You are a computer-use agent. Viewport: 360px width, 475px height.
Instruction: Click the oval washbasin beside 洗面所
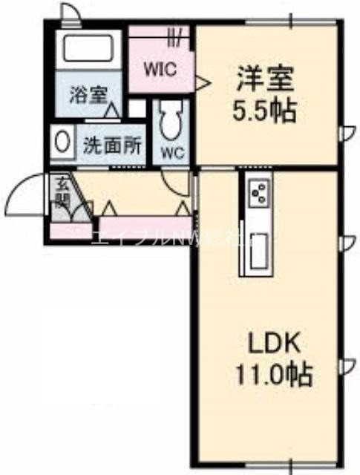coord(64,141)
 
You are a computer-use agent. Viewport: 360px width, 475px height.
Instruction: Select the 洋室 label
coord(265,78)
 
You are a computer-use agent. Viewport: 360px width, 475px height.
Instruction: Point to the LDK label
coord(272,343)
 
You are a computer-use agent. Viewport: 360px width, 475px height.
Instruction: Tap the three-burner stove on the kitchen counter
coord(258,195)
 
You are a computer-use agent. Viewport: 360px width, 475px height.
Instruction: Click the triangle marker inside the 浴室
coord(111,111)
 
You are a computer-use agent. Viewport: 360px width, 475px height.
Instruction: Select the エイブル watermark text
coord(125,237)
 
